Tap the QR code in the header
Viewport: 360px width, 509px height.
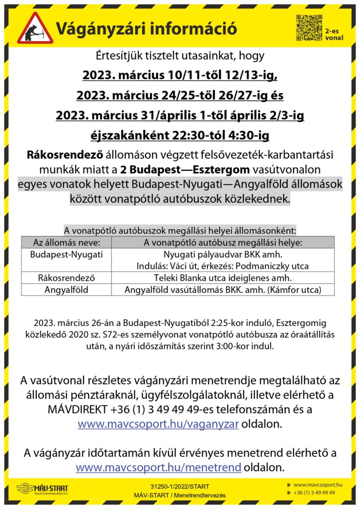click(x=309, y=28)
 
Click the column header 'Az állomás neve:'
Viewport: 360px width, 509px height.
click(x=67, y=243)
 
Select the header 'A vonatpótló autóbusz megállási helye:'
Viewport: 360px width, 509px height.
click(x=223, y=243)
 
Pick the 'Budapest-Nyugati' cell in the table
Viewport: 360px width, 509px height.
click(x=67, y=254)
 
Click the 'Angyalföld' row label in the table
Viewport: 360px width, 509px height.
click(x=67, y=289)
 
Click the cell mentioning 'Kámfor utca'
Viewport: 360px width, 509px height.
click(x=223, y=289)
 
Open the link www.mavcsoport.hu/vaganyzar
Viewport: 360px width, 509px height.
click(x=159, y=424)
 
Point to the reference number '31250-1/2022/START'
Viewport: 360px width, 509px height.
click(x=180, y=486)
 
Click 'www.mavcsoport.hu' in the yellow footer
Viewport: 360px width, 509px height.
click(x=318, y=484)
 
